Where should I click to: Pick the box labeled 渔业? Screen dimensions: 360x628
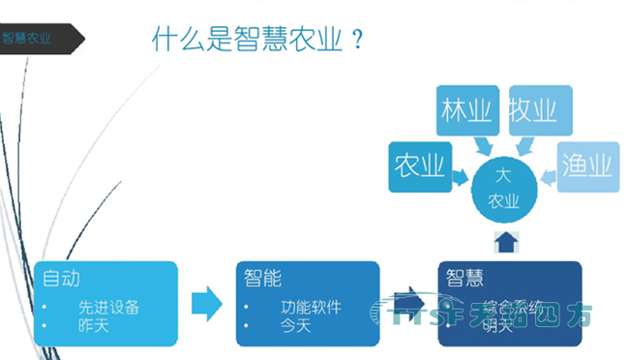click(x=588, y=166)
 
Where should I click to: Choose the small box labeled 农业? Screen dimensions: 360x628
click(x=417, y=166)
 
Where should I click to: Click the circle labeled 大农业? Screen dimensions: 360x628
click(x=502, y=189)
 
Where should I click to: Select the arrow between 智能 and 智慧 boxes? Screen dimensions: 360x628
click(x=410, y=298)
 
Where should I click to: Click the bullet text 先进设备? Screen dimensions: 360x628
click(x=109, y=308)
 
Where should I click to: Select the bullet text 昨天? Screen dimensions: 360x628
click(x=95, y=326)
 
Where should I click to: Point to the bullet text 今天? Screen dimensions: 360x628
click(x=296, y=326)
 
